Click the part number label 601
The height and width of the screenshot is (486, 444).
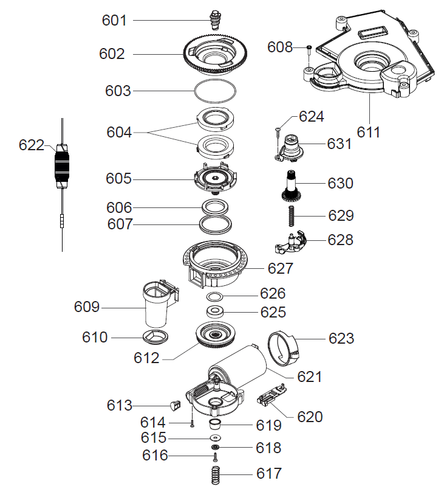(114, 21)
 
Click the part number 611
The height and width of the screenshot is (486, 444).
(368, 132)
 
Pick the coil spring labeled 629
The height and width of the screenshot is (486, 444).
(293, 216)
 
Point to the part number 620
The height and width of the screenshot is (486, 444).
(310, 417)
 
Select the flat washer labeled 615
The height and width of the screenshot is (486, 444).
(215, 438)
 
